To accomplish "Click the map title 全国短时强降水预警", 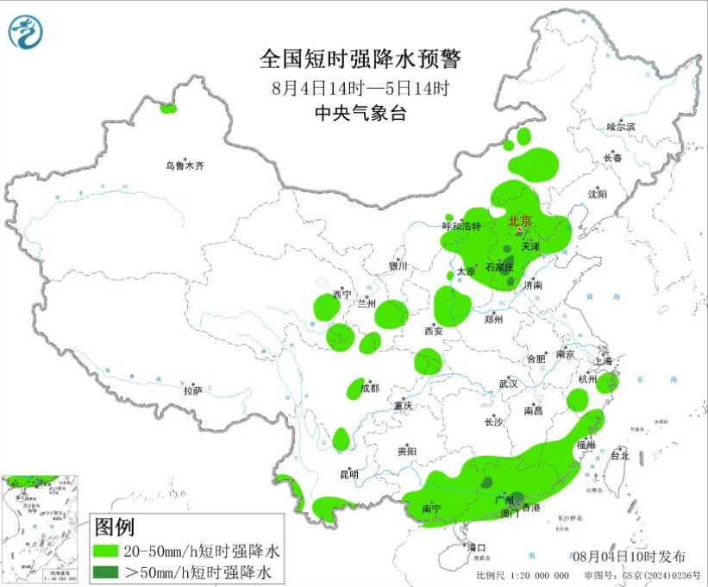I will [360, 59].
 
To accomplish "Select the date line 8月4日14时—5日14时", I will [360, 87].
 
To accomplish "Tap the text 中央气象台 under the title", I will [360, 113].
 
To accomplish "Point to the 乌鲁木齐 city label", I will [186, 165].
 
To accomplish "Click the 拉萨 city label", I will [192, 390].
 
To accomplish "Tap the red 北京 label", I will [520, 221].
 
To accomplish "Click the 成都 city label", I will [370, 388].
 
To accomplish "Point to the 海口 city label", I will [477, 546].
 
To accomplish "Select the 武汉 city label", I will [508, 383].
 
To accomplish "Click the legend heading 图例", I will [114, 526].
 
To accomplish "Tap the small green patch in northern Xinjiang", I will [168, 109].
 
